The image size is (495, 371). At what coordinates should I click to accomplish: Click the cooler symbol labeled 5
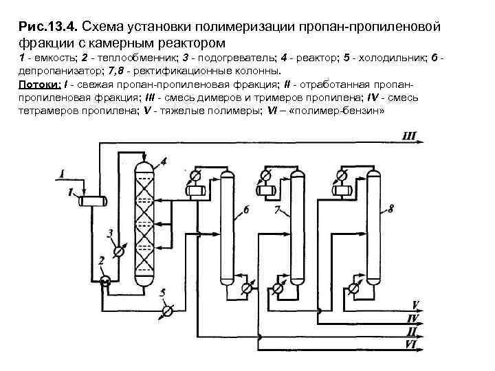pos(166,311)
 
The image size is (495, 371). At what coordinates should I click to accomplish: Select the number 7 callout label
pos(277,209)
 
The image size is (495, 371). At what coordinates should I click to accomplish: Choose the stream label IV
pos(412,317)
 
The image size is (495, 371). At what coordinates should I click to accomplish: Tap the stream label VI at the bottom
pos(412,344)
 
